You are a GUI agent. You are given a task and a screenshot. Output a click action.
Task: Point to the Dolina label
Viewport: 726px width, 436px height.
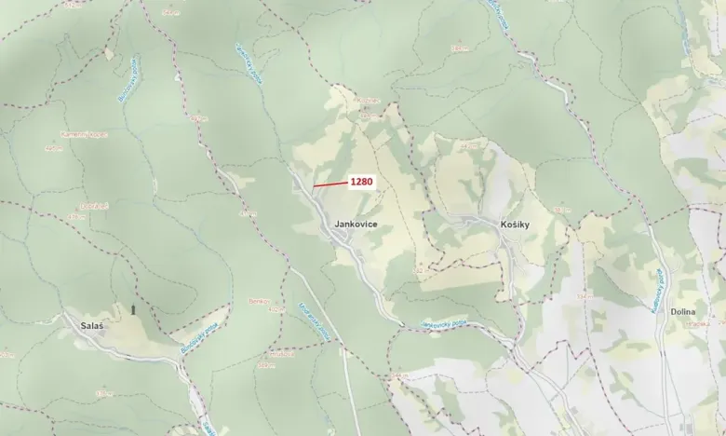click(683, 314)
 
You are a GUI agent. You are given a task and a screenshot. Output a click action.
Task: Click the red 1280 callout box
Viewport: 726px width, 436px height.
click(362, 182)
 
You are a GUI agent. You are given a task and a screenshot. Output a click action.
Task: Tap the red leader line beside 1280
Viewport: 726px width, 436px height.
click(330, 184)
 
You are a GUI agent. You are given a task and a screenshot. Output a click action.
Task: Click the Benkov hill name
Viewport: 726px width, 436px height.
click(258, 300)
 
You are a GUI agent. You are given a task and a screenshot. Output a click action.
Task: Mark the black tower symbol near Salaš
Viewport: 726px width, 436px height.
click(132, 309)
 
